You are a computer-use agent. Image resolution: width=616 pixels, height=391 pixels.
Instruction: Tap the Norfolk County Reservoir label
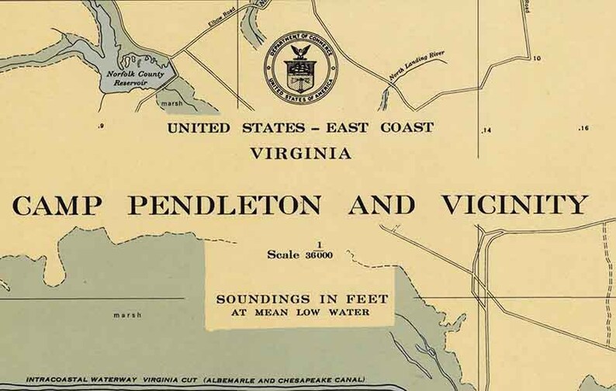[x=130, y=74]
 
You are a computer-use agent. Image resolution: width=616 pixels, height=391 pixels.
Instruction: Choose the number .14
[x=486, y=129]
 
